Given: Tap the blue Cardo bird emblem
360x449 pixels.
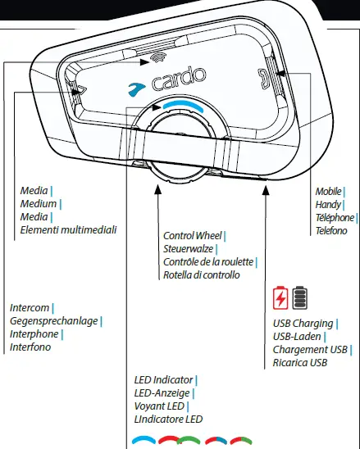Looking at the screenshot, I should [x=135, y=84].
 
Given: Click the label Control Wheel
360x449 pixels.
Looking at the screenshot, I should [x=193, y=236].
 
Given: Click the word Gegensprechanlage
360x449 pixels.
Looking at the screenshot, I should [x=53, y=321].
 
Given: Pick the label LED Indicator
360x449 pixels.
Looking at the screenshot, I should [x=163, y=380].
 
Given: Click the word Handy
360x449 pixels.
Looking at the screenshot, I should [x=328, y=204].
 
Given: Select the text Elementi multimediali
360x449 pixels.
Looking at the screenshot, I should [x=68, y=230].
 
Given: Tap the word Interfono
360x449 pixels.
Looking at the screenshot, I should [x=30, y=347].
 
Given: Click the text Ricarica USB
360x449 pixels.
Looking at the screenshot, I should [x=301, y=362].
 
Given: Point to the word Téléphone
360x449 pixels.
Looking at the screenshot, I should [x=335, y=217].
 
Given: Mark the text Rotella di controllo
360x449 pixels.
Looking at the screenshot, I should [x=202, y=275].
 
